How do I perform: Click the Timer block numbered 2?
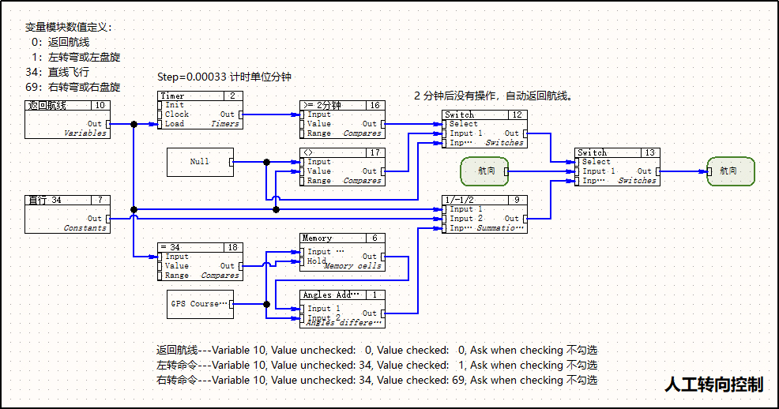click(x=200, y=110)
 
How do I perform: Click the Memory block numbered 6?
click(x=341, y=252)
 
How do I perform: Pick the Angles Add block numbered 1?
click(x=341, y=309)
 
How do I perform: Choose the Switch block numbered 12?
click(x=484, y=129)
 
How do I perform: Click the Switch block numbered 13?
click(x=616, y=167)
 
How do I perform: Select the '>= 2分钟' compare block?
click(x=341, y=119)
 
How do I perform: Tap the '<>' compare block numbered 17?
click(x=341, y=167)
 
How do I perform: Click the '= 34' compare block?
click(x=200, y=261)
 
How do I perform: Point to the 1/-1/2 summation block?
click(x=484, y=214)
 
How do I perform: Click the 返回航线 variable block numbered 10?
click(x=67, y=119)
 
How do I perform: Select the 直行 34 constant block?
click(x=67, y=214)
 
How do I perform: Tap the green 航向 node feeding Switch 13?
click(x=484, y=171)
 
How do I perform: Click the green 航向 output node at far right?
click(x=730, y=171)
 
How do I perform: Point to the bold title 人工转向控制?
click(x=713, y=385)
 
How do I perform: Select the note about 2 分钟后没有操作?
click(x=492, y=96)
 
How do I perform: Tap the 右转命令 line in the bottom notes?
click(x=377, y=380)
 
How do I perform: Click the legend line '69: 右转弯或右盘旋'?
click(x=73, y=87)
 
